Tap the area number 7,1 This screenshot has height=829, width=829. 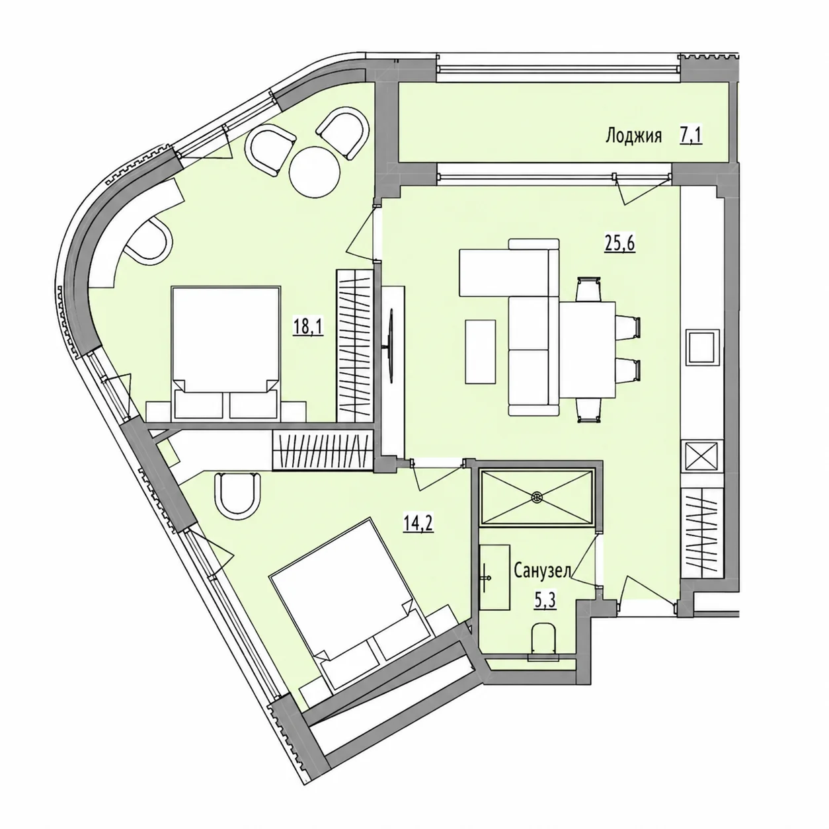click(x=691, y=136)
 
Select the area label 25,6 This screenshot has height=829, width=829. click(x=619, y=244)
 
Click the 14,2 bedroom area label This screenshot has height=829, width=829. click(x=418, y=524)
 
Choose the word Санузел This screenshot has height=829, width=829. click(x=543, y=572)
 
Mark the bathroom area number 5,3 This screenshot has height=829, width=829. click(x=545, y=601)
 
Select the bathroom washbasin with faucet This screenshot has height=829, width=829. click(x=494, y=577)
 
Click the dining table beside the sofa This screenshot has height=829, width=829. click(x=587, y=349)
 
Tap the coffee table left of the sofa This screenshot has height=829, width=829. click(x=481, y=351)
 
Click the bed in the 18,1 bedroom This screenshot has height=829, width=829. click(x=226, y=354)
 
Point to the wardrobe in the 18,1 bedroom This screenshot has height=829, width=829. click(x=354, y=346)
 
